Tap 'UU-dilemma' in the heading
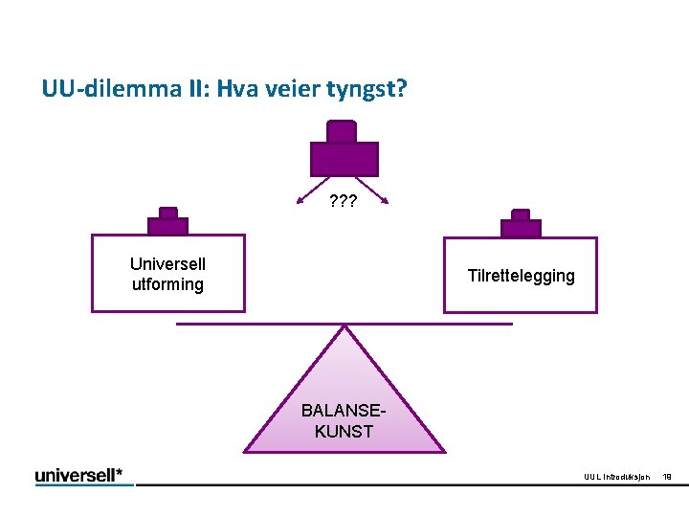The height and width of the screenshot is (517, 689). point(100,91)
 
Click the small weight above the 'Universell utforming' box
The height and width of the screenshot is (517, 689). point(167,222)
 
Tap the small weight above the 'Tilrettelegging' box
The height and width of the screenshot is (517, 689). point(521,224)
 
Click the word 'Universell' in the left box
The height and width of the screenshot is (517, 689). point(167,264)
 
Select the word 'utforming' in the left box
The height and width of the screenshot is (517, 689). point(167,284)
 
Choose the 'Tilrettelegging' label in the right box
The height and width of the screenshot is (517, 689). point(521,276)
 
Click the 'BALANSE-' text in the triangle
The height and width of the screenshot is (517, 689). point(344,411)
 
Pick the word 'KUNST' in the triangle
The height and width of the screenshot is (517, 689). point(344,432)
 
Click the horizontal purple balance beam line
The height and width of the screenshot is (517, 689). point(249,324)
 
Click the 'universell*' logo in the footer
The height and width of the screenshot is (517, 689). point(84,475)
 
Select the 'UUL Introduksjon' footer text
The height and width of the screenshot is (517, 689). point(617,477)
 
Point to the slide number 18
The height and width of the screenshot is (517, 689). point(667,477)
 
